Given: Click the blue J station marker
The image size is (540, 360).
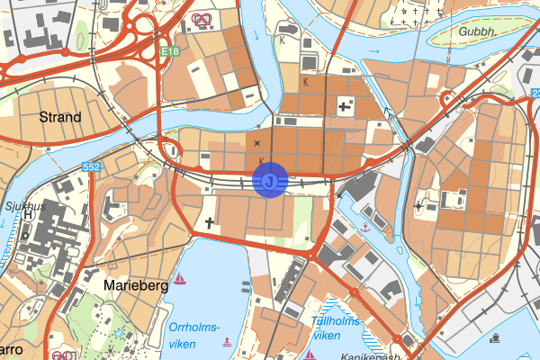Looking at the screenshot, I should tap(270, 180).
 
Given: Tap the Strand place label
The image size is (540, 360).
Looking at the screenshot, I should tap(60, 117).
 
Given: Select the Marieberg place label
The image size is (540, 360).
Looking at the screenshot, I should tap(136, 284).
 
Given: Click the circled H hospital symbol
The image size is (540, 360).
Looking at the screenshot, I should tap(28, 215).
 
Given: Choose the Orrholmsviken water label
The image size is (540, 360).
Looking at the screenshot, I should tap(193, 333).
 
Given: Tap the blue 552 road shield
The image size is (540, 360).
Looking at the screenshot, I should tap(91, 167).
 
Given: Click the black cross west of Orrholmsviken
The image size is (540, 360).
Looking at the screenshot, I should tap(211, 220).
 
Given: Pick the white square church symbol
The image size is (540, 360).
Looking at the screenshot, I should tap(345, 107).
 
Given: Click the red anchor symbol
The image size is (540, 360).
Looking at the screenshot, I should tap(365, 228).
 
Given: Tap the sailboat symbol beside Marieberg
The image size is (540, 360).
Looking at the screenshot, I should tap(181, 278).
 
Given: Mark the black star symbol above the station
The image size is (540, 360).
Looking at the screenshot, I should tap(258, 143).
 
